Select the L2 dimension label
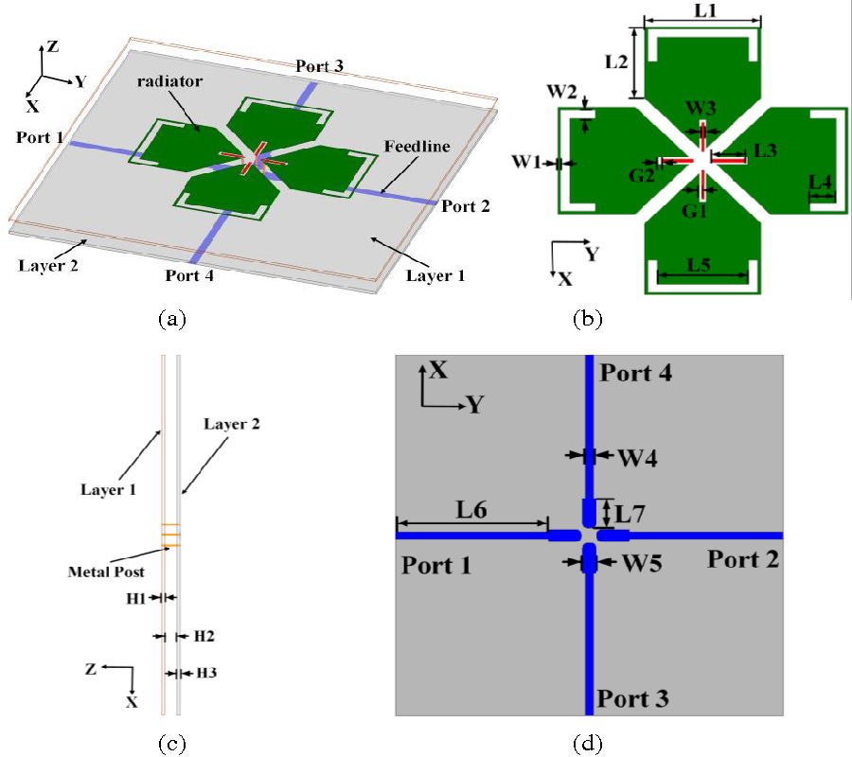pyautogui.click(x=616, y=62)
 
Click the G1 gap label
pyautogui.click(x=696, y=210)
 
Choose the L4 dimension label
pyautogui.click(x=820, y=180)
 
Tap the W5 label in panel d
pyautogui.click(x=640, y=562)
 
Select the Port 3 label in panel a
pyautogui.click(x=319, y=66)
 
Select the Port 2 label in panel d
pyautogui.click(x=743, y=559)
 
